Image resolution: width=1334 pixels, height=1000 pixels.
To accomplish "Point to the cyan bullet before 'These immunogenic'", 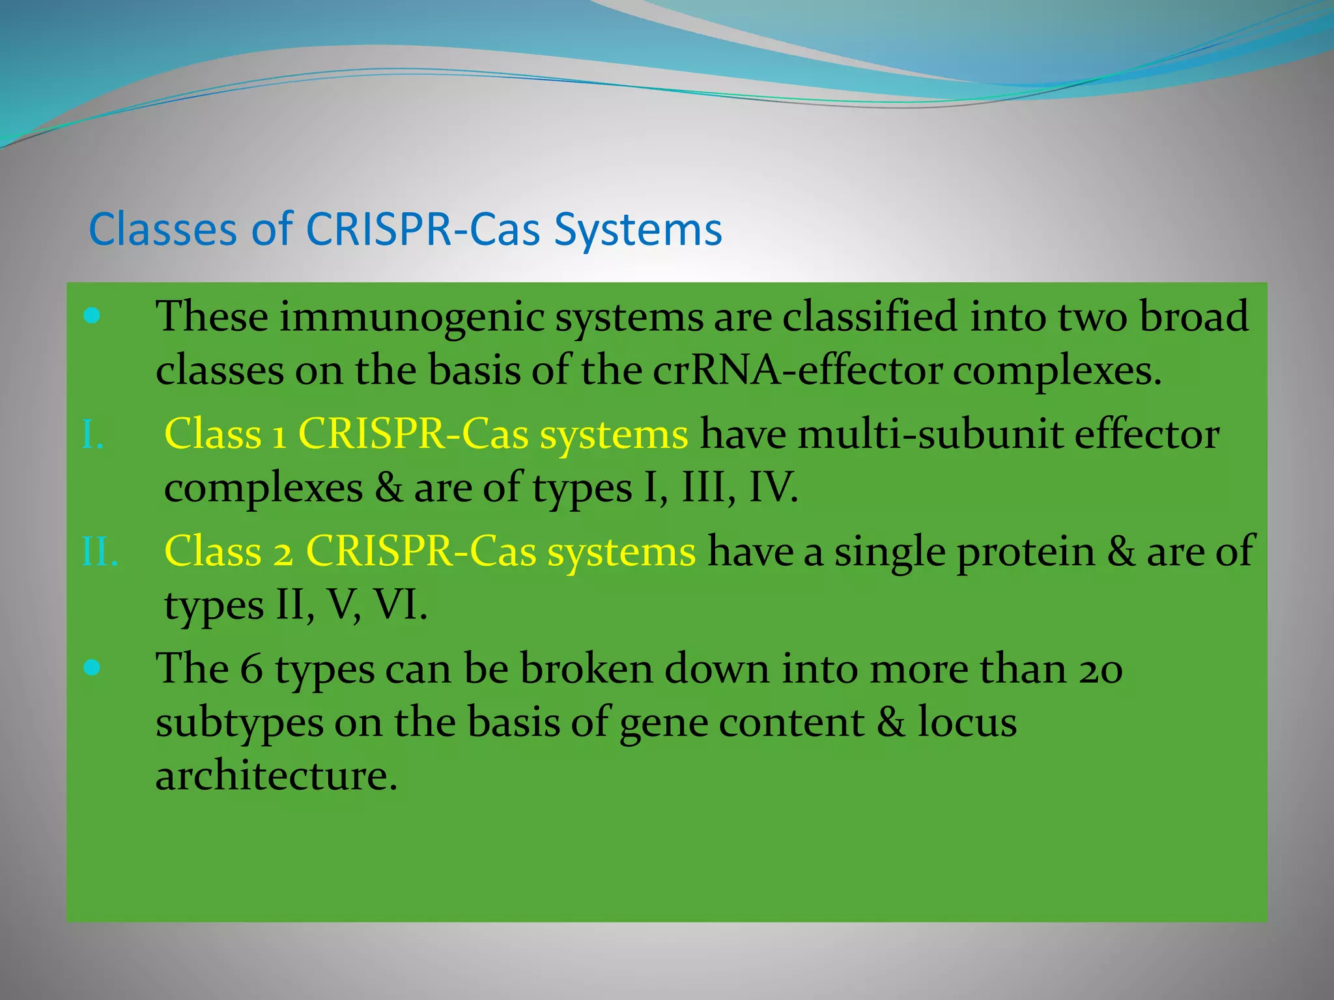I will coord(92,316).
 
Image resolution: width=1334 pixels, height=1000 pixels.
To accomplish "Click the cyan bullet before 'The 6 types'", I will coord(92,668).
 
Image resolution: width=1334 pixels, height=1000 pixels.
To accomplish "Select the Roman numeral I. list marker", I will coord(92,435).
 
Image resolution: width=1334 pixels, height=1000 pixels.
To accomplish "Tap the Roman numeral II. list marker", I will coord(100,552).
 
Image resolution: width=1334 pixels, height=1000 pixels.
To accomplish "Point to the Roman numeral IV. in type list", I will coord(773,488).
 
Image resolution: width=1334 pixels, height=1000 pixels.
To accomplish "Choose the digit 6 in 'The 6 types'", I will coord(251,669).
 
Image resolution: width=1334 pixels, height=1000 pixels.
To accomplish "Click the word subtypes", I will coord(239,723).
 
